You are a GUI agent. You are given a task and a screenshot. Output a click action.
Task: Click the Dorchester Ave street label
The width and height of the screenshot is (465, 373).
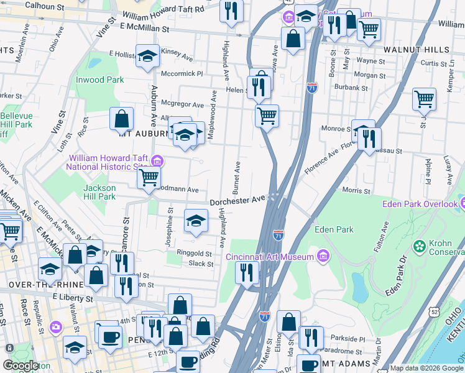(x=237, y=201)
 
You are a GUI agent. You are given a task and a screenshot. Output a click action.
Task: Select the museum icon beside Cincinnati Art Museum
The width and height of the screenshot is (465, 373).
(x=323, y=256)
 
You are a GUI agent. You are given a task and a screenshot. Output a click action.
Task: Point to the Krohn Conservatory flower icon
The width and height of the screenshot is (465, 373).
(x=420, y=247)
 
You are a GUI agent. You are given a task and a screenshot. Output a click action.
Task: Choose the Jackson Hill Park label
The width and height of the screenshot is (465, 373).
(x=99, y=192)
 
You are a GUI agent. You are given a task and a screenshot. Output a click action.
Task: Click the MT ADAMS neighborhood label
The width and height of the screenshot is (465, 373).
(x=355, y=363)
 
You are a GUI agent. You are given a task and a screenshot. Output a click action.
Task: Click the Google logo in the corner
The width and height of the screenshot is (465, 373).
(x=21, y=366)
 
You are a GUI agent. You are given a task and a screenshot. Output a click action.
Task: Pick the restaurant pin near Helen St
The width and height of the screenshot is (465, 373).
(x=259, y=86)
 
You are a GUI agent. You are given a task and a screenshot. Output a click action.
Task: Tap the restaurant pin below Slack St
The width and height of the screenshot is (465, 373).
(x=247, y=272)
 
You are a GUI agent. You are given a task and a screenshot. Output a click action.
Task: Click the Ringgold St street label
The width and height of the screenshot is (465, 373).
(x=195, y=254)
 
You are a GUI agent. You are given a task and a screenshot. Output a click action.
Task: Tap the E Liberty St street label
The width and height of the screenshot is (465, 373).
(x=73, y=298)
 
